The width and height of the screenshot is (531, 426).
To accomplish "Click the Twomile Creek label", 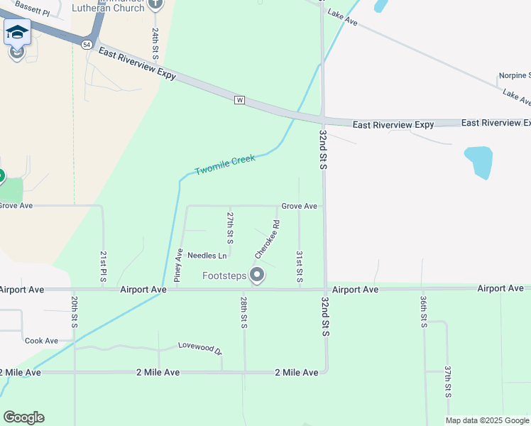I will click(225, 165).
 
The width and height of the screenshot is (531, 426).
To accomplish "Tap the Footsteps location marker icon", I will click(257, 275).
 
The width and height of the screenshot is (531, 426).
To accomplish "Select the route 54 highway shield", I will click(86, 44).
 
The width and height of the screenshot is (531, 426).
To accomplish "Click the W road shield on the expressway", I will click(239, 100).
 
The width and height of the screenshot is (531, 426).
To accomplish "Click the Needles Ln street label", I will click(207, 255).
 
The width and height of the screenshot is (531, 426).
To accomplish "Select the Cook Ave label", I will click(41, 341).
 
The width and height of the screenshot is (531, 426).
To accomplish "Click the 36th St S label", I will click(423, 311).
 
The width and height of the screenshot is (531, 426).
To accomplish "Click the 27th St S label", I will click(230, 224).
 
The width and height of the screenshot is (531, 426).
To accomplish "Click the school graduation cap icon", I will click(16, 32).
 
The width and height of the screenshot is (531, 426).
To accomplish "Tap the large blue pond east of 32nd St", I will click(478, 163).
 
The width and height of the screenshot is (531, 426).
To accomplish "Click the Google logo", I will click(23, 417).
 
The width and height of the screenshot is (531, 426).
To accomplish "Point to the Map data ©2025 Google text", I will click(487, 420).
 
